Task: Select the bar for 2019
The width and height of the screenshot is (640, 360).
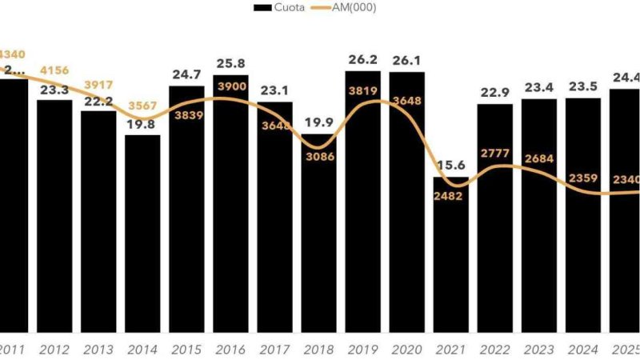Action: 362,240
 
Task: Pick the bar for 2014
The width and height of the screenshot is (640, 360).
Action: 142,240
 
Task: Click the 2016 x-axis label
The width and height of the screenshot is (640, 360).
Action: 230,350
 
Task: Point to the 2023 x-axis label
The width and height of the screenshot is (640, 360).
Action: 538,350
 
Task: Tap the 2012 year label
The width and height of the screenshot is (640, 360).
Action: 54,350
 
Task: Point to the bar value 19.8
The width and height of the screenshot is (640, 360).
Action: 142,124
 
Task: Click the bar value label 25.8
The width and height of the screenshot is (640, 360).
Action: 230,64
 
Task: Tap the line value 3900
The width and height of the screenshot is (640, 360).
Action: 230,86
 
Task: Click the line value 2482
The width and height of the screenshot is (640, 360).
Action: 450,197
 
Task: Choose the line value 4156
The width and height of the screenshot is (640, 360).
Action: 54,70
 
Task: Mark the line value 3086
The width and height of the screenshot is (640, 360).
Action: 318,156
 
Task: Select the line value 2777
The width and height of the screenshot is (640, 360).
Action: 494,152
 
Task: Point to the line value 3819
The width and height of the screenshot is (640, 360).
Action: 362,90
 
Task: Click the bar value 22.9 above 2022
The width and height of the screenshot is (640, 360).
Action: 494,93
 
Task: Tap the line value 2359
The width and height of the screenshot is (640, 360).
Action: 582,178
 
